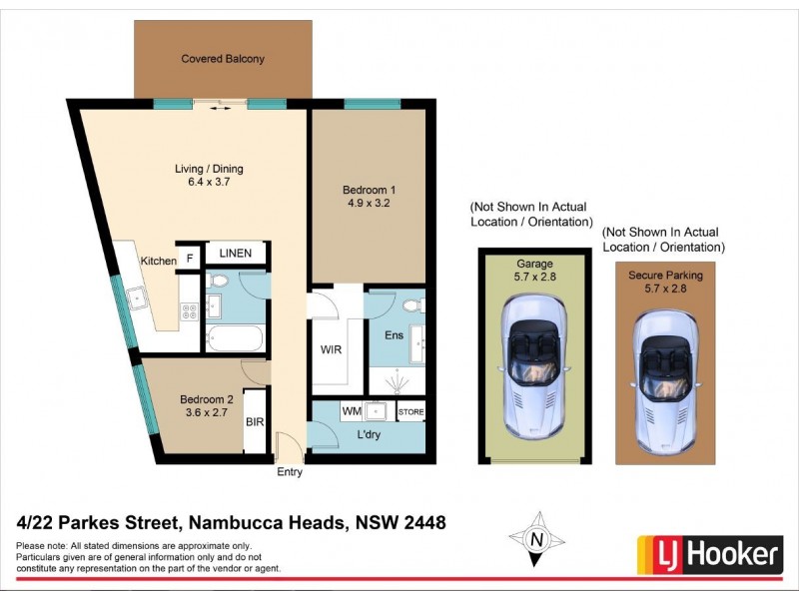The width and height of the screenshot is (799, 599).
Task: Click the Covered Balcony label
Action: pyautogui.click(x=223, y=59)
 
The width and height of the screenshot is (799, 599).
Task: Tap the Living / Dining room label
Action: pyautogui.click(x=209, y=169)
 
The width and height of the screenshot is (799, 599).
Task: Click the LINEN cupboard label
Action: pyautogui.click(x=236, y=254)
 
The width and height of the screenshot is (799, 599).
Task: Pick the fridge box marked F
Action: pyautogui.click(x=188, y=260)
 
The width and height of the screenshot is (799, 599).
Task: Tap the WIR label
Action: pyautogui.click(x=333, y=351)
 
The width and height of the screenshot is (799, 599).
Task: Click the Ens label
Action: pyautogui.click(x=395, y=334)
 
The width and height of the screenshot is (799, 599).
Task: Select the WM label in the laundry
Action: pyautogui.click(x=352, y=410)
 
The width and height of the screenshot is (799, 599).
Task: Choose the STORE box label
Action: pyautogui.click(x=410, y=411)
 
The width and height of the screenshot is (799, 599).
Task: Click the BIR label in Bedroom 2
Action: pyautogui.click(x=255, y=422)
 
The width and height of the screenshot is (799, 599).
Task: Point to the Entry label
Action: pyautogui.click(x=290, y=472)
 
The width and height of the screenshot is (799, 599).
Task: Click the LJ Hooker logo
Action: pyautogui.click(x=710, y=552)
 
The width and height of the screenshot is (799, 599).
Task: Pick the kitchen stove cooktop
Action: pyautogui.click(x=189, y=310)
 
